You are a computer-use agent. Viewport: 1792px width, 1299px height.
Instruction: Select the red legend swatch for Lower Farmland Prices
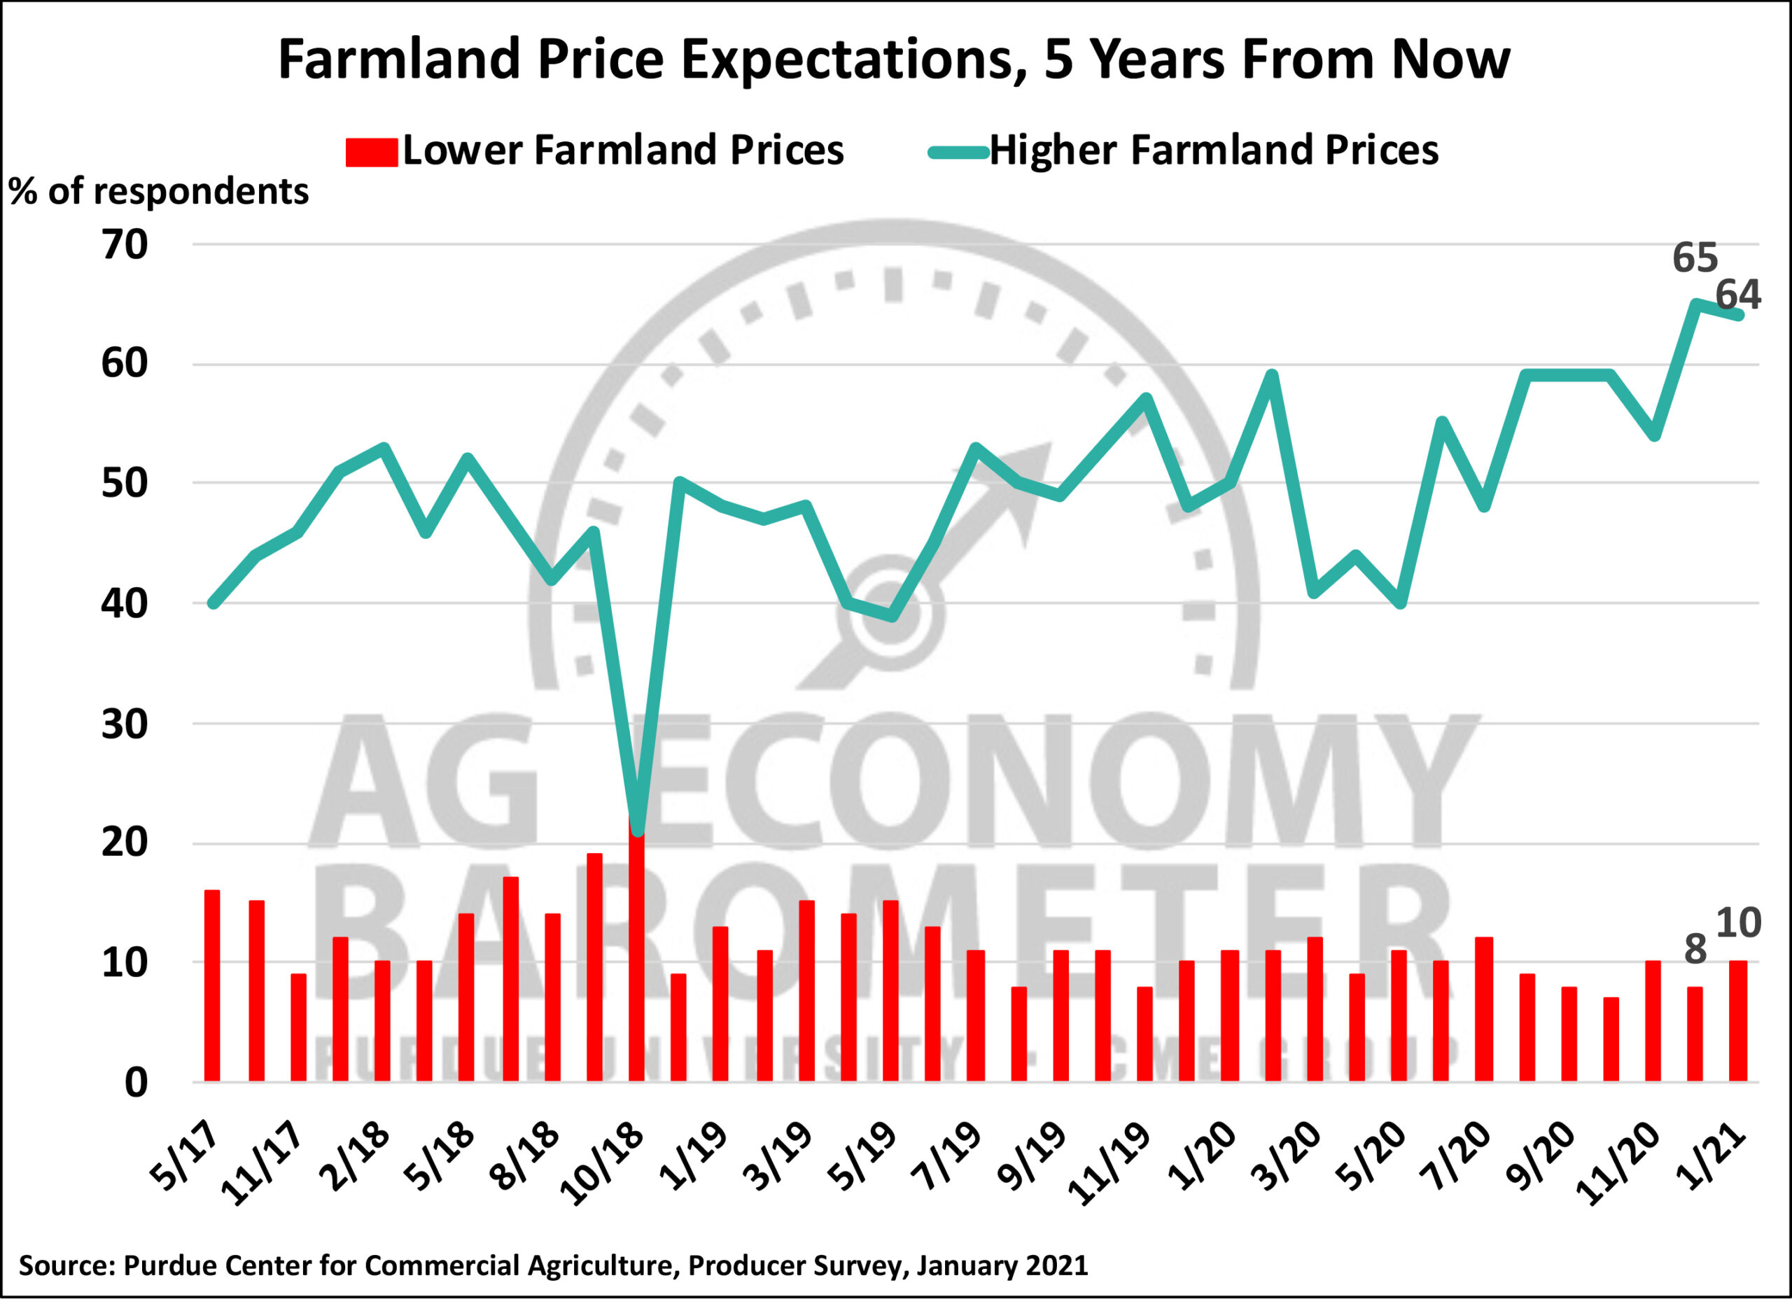click(372, 152)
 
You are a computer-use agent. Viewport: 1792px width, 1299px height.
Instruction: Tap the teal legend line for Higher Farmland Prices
click(958, 153)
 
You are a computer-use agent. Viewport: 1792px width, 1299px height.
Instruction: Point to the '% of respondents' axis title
click(159, 192)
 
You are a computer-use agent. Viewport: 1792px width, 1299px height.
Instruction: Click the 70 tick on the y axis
click(125, 245)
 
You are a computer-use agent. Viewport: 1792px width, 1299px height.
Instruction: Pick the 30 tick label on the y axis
click(125, 724)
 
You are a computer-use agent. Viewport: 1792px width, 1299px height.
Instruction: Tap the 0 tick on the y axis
click(136, 1083)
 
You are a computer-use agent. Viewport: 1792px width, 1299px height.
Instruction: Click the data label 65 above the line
click(1695, 258)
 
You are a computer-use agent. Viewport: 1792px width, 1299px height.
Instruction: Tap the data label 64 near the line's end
click(1738, 295)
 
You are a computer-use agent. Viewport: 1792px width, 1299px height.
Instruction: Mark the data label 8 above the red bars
click(1695, 949)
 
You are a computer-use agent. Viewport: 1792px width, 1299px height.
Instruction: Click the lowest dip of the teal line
click(638, 829)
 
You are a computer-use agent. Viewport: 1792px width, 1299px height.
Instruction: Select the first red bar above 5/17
click(212, 986)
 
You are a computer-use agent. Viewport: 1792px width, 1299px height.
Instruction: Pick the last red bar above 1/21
click(1738, 1021)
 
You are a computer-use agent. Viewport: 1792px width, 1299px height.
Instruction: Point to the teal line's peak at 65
click(1695, 304)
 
